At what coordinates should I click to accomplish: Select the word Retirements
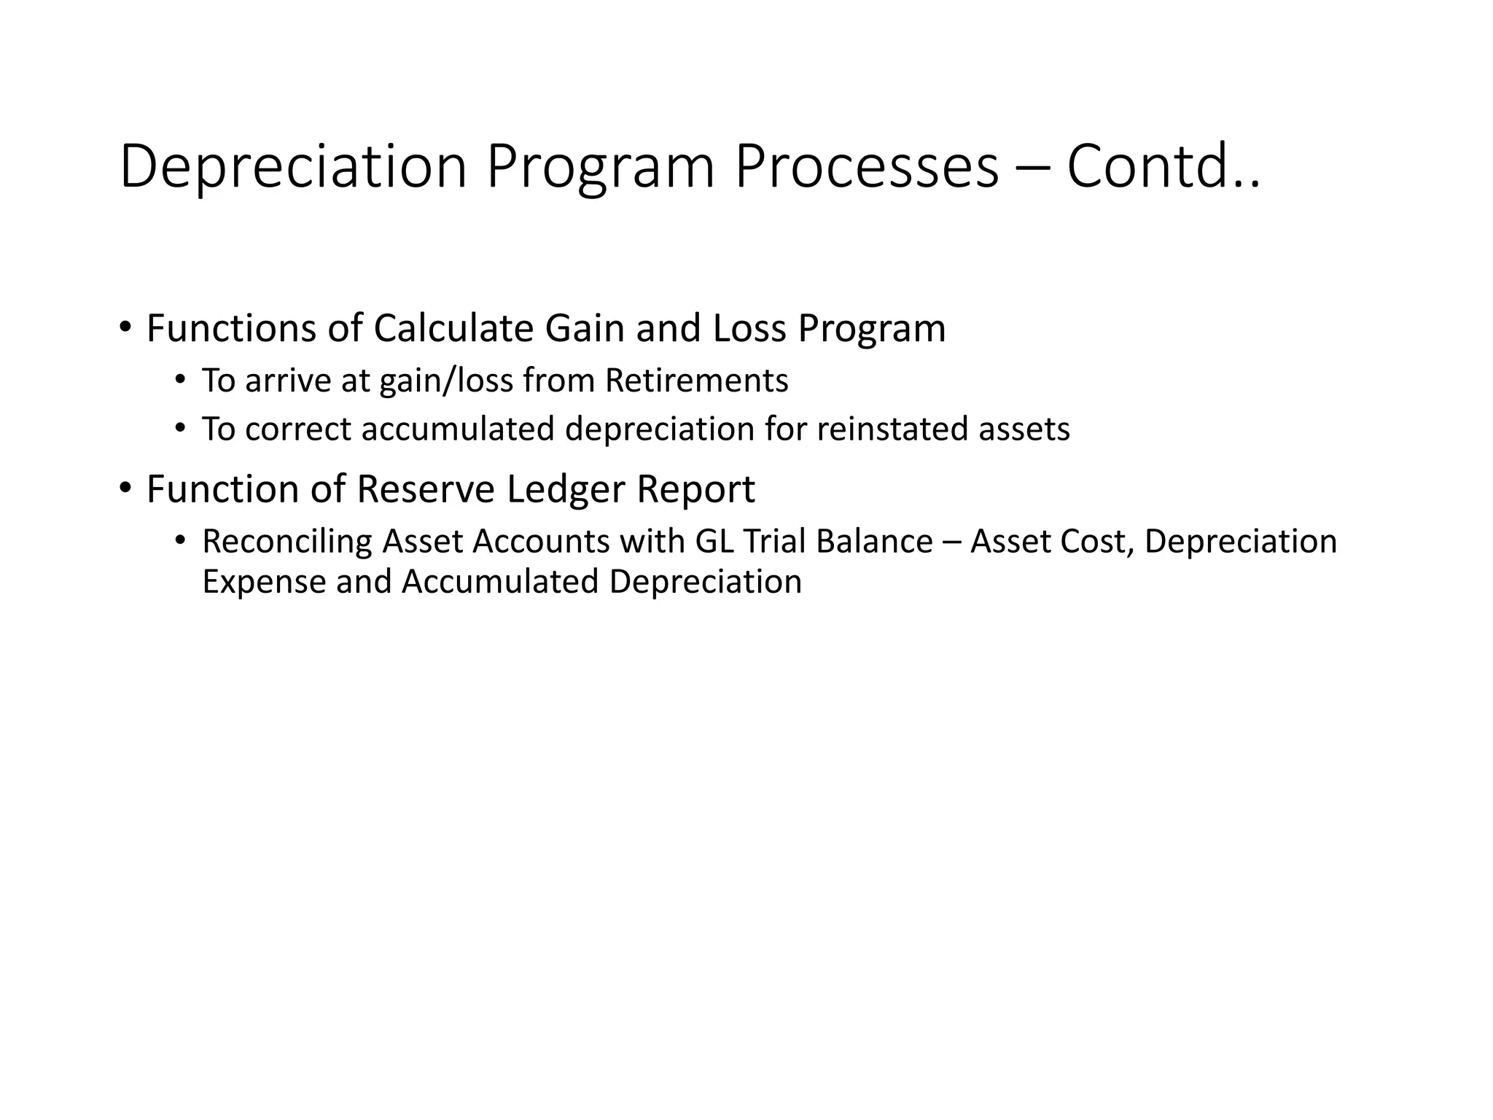(x=696, y=381)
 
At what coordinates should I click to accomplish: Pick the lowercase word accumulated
(x=458, y=429)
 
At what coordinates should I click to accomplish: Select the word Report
(x=695, y=490)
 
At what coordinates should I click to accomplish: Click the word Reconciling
(x=287, y=542)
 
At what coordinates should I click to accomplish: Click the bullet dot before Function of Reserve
(x=125, y=486)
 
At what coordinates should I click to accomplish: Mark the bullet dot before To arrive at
(x=180, y=379)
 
